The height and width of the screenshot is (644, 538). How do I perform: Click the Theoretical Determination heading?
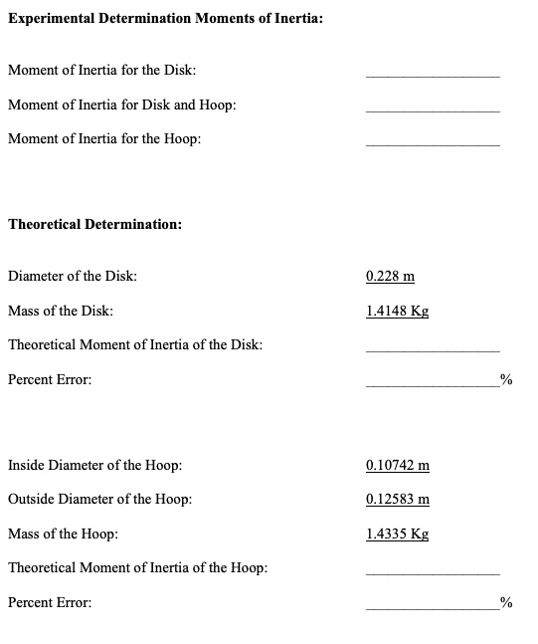click(x=94, y=225)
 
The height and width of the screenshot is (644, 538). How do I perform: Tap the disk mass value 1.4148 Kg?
click(x=397, y=311)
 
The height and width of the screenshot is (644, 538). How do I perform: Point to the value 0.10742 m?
click(x=398, y=465)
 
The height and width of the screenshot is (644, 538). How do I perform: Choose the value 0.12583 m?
click(x=398, y=499)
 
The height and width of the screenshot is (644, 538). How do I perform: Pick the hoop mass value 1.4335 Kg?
click(x=397, y=534)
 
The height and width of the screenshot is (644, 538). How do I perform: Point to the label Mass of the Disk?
click(x=60, y=311)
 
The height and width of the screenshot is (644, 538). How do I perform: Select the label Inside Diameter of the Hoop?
click(x=94, y=465)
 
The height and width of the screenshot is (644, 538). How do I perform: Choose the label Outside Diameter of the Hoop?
click(x=99, y=499)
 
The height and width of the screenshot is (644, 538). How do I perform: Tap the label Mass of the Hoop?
click(x=63, y=534)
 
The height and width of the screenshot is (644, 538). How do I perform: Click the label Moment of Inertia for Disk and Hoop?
click(x=121, y=106)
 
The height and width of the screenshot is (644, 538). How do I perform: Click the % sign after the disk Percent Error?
click(x=506, y=379)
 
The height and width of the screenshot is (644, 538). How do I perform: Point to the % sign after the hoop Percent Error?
click(x=506, y=602)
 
